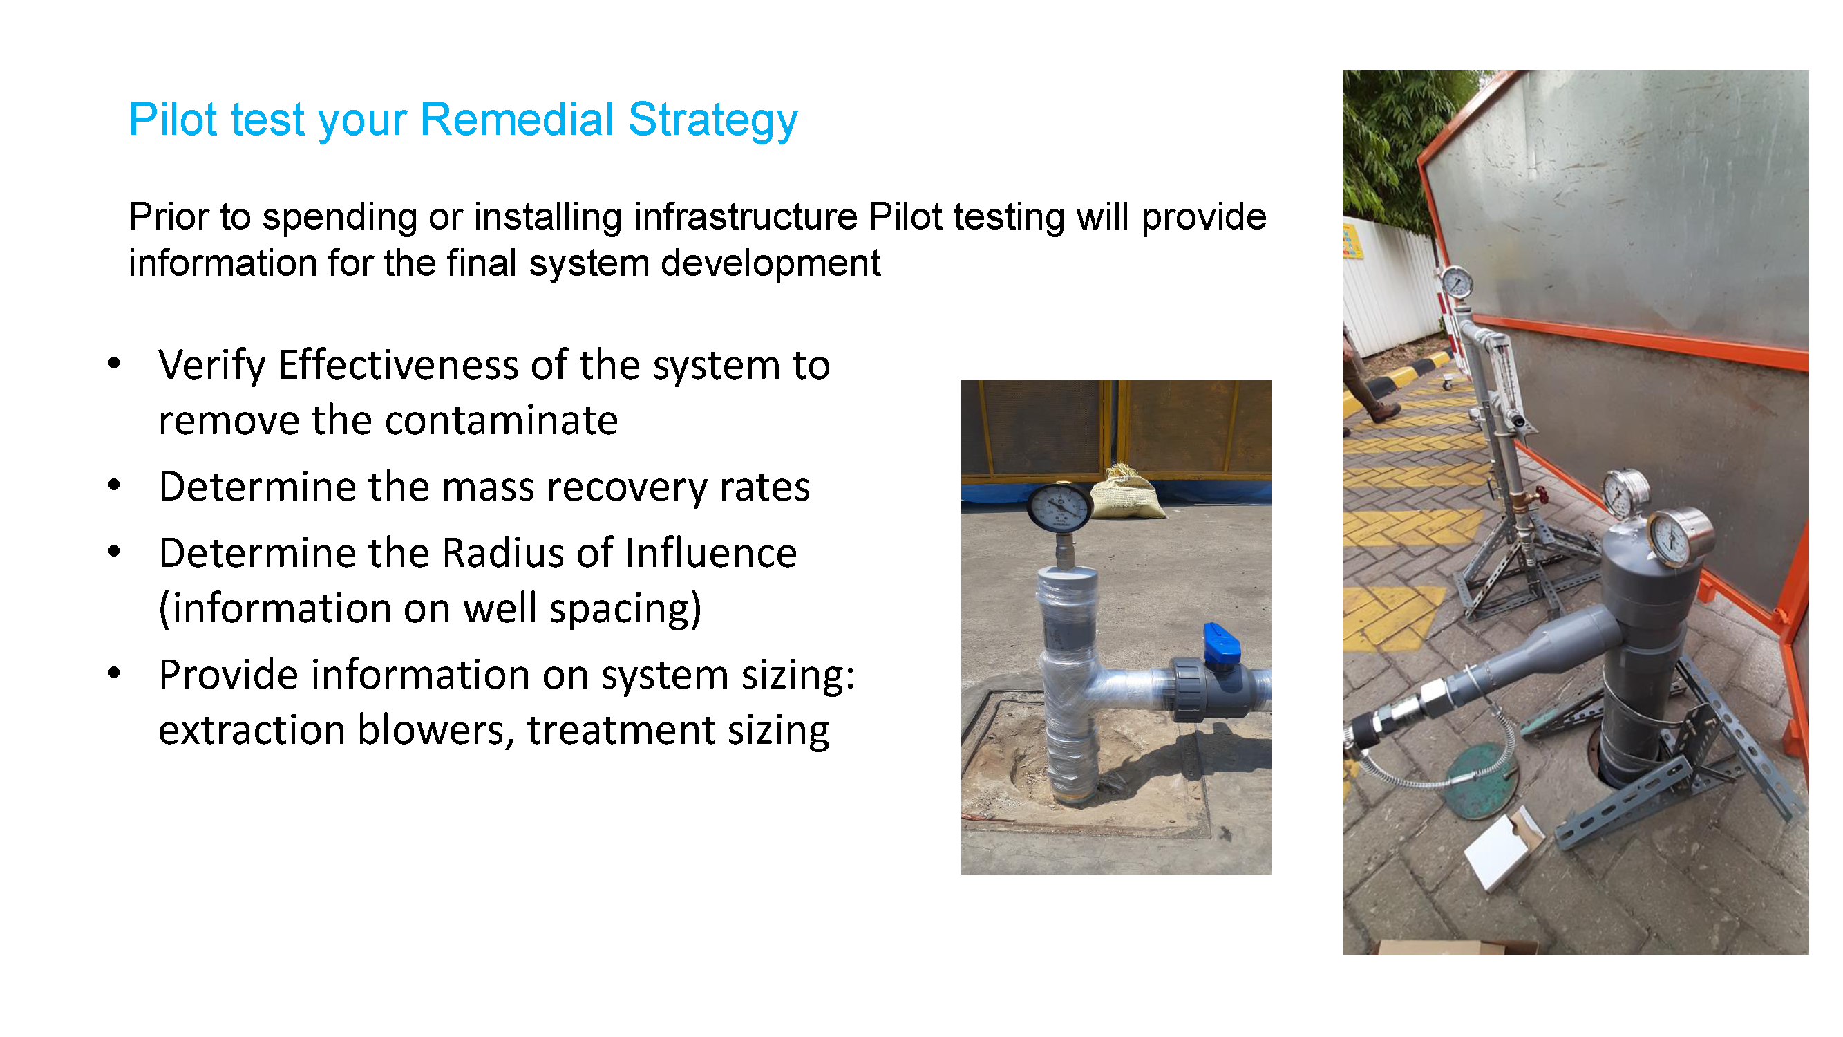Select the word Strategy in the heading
click(712, 120)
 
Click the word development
click(771, 263)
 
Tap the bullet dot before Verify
click(114, 364)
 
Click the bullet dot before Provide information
click(114, 673)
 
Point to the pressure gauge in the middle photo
click(1059, 508)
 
